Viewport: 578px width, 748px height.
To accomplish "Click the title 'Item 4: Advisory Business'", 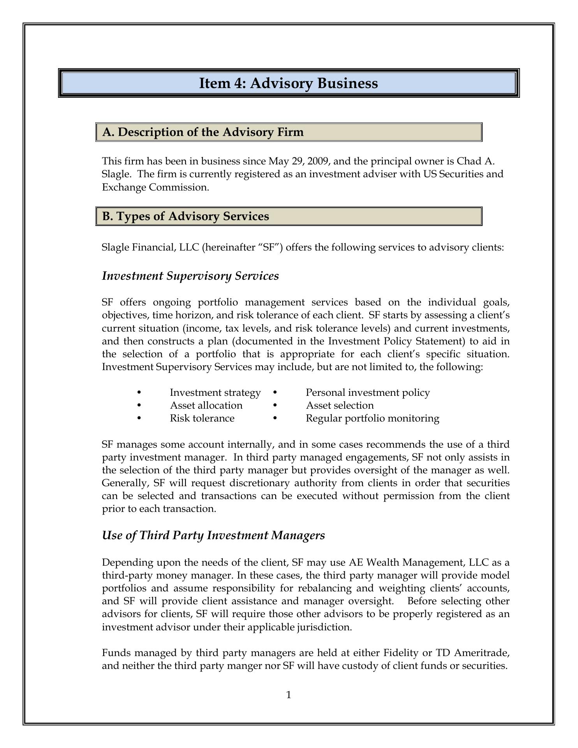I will click(288, 83).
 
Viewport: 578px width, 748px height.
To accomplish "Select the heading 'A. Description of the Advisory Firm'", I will click(203, 132).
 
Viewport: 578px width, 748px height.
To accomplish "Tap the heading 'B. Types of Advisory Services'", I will click(185, 216).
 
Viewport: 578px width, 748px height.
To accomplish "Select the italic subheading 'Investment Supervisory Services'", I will click(190, 276).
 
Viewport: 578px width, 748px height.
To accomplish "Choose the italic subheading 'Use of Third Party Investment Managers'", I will click(213, 535).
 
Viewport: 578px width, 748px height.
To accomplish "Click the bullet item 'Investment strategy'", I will click(215, 392).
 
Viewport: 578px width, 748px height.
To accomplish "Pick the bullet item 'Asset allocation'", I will click(206, 406).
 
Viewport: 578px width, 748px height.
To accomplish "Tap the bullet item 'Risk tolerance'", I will click(202, 418).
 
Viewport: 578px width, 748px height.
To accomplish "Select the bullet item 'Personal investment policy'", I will click(368, 392).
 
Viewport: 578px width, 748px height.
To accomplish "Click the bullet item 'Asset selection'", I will click(340, 406).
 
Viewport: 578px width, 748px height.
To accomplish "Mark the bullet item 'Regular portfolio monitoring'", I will click(372, 418).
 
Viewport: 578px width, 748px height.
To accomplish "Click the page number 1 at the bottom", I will click(289, 695).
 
